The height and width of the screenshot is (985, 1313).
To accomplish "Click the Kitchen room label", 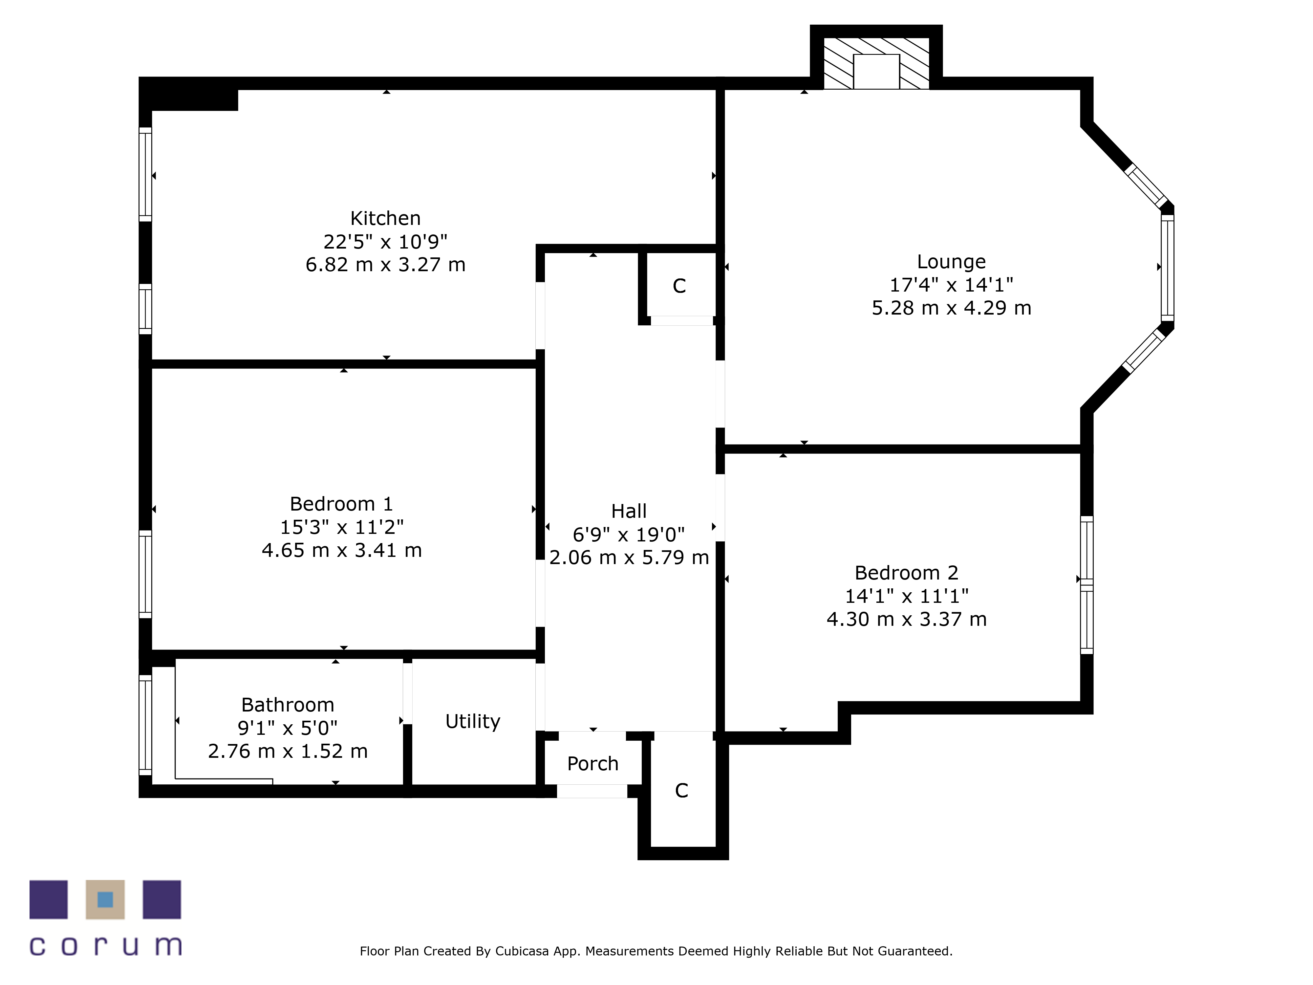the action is click(x=385, y=218).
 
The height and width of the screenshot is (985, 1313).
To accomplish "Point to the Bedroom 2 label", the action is click(x=906, y=573).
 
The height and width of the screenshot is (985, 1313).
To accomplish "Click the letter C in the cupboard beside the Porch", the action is click(x=681, y=790).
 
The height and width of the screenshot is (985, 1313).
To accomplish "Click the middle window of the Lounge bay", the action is click(x=1167, y=268).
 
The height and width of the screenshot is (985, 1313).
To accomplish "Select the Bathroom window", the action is click(x=145, y=725).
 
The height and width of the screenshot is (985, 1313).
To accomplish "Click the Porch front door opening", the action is click(x=592, y=791).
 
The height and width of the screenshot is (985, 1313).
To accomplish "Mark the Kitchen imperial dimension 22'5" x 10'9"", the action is click(x=385, y=242).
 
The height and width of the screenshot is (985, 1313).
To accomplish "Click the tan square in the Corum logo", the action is click(x=105, y=900).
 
